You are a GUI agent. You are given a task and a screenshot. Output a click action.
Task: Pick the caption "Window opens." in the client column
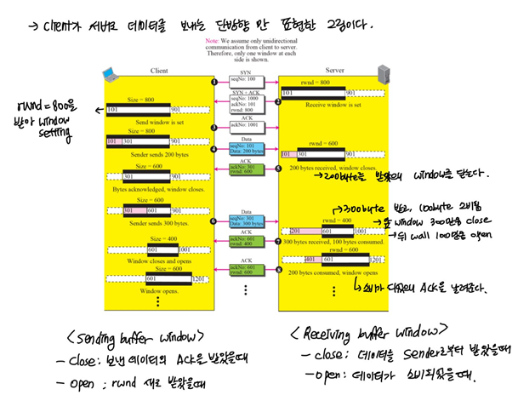[157, 290]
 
